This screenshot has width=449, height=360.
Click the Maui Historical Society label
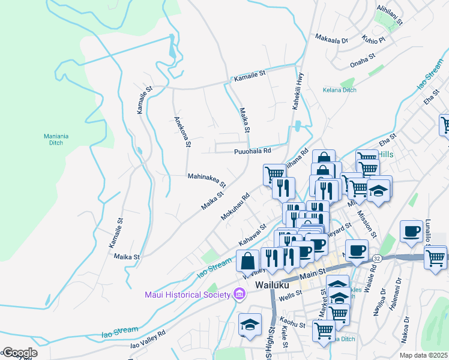187,294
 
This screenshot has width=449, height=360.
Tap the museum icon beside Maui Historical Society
240,294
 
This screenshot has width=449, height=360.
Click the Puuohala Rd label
253,151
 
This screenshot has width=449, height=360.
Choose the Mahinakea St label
206,180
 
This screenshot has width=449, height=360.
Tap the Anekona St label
182,131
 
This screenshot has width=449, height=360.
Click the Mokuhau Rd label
235,206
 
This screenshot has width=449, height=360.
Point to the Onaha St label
363,60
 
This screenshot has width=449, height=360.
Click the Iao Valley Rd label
148,339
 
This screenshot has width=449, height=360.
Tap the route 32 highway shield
376,257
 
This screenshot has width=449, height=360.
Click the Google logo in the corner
19,353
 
